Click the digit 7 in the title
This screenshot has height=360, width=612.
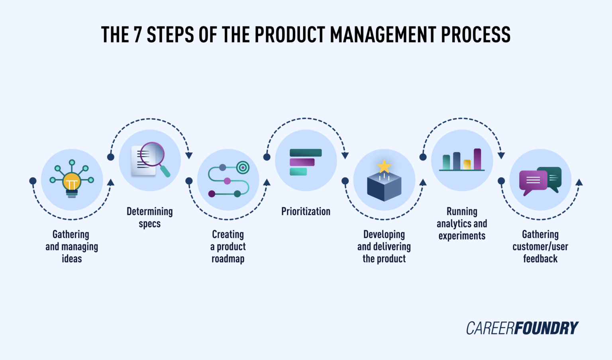(137, 35)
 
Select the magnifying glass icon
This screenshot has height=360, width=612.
(153, 156)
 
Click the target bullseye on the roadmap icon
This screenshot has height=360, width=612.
(243, 167)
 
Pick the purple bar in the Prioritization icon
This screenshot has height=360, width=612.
(302, 162)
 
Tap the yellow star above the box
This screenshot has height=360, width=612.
(384, 166)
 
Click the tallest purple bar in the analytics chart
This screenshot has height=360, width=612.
(477, 159)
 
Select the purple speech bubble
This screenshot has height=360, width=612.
(533, 181)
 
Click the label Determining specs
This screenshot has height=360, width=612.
(150, 217)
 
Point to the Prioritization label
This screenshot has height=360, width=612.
(306, 211)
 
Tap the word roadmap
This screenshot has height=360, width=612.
(228, 259)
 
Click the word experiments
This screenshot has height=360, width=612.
(462, 236)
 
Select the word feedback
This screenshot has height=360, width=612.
(540, 259)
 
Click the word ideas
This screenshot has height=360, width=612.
(72, 259)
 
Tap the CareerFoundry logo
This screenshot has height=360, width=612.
(522, 328)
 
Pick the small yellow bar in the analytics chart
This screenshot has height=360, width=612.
(467, 164)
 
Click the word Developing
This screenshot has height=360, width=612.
(384, 234)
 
